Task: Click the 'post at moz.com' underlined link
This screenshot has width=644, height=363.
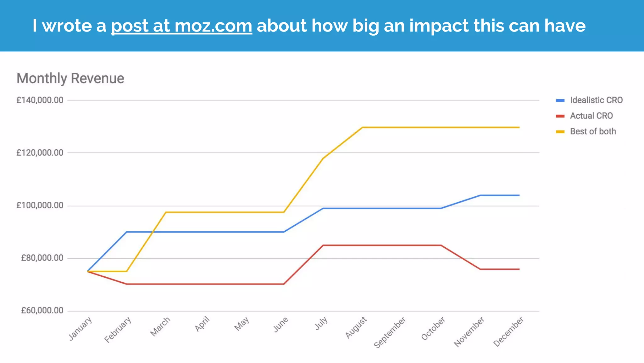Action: (x=181, y=26)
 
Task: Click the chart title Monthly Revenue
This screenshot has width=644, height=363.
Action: (x=70, y=78)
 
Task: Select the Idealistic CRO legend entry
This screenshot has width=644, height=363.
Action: (x=596, y=100)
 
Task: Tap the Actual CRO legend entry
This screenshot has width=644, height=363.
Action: (x=591, y=116)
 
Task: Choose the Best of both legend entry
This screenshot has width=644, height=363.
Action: (x=593, y=131)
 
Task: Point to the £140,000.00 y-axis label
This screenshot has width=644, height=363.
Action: (x=40, y=100)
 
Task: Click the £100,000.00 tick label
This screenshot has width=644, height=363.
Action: (x=40, y=205)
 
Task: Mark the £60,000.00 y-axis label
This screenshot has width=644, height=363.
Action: (x=42, y=311)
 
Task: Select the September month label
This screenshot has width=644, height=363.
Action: (x=390, y=332)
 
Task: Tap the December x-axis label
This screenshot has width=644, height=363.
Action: (x=508, y=331)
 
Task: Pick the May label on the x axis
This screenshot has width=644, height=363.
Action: (x=242, y=324)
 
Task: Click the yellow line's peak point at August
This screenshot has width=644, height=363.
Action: (x=362, y=127)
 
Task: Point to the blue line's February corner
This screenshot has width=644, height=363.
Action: (x=127, y=232)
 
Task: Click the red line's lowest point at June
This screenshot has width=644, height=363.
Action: (x=284, y=284)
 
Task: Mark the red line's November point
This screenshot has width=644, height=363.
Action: (x=480, y=269)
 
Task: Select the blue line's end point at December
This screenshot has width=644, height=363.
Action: (x=519, y=195)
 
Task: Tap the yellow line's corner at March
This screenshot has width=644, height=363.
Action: (x=166, y=212)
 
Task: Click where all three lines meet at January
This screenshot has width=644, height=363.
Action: (x=87, y=271)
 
